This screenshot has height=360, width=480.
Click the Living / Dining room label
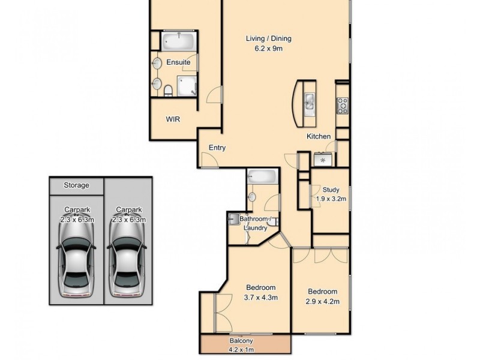(268, 38)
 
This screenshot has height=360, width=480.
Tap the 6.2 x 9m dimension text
(268, 49)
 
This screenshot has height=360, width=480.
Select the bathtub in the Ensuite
(179, 41)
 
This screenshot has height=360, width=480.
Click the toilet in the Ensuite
(168, 91)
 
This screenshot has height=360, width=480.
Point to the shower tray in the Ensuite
(187, 86)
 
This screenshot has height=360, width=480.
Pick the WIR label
(173, 119)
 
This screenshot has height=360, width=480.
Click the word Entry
(217, 148)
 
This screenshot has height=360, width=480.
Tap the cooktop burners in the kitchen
(343, 106)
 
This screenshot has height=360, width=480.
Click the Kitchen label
(319, 136)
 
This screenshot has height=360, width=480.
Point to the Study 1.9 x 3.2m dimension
(331, 199)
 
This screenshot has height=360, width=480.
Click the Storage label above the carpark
(77, 185)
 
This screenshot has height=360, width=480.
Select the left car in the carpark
(76, 262)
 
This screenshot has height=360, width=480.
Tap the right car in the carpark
(127, 262)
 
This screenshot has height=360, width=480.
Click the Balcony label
(241, 341)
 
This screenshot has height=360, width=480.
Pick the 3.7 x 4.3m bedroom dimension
(261, 297)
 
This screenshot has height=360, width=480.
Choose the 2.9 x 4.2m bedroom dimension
(323, 302)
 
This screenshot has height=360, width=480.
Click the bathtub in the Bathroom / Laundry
(262, 176)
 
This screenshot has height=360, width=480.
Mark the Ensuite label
(178, 62)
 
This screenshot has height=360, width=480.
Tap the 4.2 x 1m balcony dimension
(241, 350)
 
